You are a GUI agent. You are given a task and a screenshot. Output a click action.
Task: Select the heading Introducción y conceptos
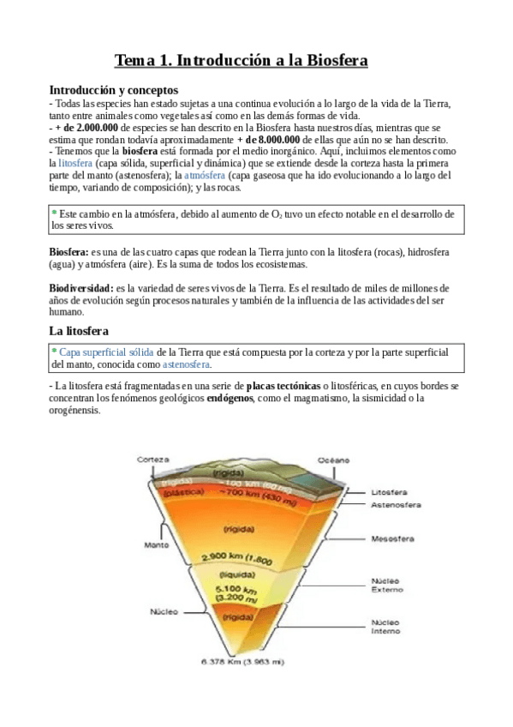[113, 89]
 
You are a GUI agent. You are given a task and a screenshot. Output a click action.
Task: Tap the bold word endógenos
[230, 399]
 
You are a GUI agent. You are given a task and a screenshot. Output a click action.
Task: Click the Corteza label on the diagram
[153, 460]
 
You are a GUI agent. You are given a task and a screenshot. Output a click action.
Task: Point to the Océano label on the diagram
[334, 460]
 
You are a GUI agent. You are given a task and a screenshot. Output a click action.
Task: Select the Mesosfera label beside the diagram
[392, 539]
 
